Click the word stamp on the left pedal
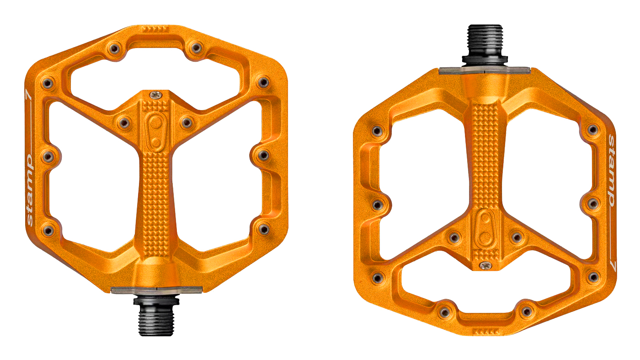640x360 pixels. click(30, 190)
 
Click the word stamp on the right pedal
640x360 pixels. click(611, 171)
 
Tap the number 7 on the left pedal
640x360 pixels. click(29, 97)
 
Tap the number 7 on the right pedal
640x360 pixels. click(612, 265)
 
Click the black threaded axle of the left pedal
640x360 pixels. click(156, 320)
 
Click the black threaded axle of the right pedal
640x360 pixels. click(485, 40)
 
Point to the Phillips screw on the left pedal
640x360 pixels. click(156, 95)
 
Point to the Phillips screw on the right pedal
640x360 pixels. click(485, 266)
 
